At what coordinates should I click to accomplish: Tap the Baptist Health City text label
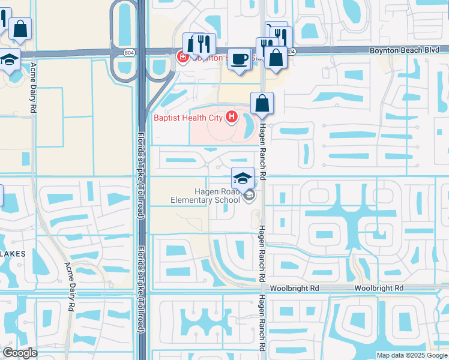click(188, 118)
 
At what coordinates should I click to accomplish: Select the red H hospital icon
click(232, 117)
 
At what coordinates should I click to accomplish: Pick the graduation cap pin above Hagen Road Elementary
click(243, 178)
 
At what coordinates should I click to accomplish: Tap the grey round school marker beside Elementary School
click(249, 195)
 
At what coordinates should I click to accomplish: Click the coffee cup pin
click(240, 59)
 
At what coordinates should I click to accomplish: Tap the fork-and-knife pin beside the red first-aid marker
click(204, 44)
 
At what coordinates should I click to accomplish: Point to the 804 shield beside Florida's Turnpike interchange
click(130, 53)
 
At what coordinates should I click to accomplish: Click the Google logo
click(20, 353)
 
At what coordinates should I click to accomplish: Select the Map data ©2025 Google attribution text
click(412, 355)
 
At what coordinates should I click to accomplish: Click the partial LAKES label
click(13, 254)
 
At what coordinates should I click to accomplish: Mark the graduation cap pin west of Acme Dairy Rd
click(9, 61)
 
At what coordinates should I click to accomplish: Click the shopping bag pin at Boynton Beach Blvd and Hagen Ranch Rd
click(276, 58)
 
